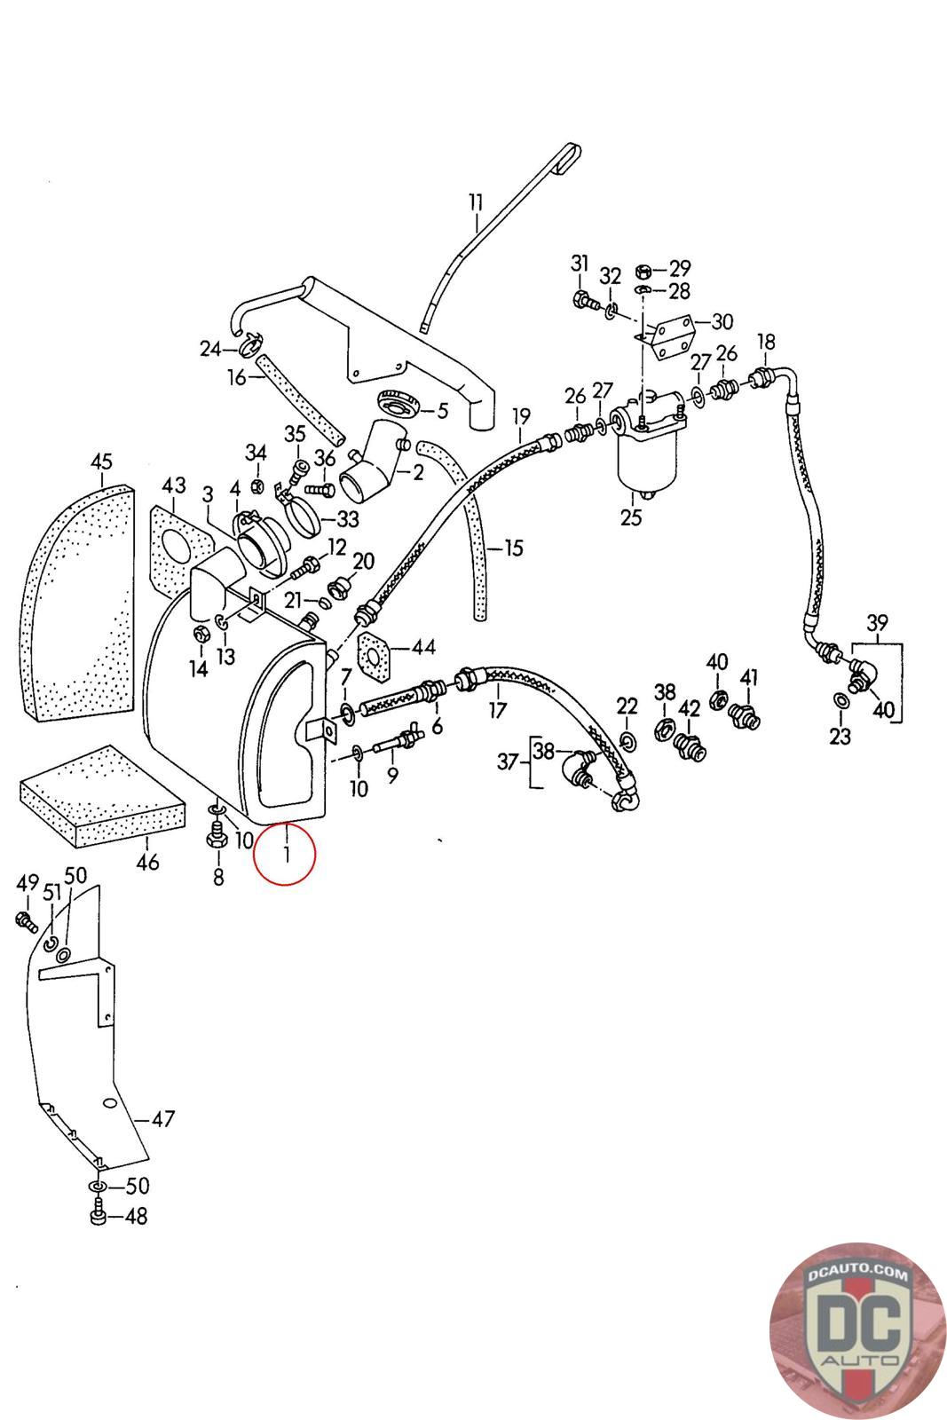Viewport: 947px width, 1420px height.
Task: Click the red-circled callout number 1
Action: pos(286,854)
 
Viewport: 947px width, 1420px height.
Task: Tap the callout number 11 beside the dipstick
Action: pos(476,203)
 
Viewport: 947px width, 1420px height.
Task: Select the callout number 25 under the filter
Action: pos(631,517)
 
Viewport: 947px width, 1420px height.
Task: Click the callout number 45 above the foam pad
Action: pos(101,461)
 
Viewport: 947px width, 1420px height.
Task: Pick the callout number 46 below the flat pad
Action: pos(147,862)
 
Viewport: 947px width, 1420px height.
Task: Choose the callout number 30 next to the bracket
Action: pos(722,322)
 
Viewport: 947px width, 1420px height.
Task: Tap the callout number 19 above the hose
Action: pos(521,417)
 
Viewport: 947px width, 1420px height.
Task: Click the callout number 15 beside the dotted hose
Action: pos(513,548)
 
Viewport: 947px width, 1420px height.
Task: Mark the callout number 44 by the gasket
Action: pos(423,647)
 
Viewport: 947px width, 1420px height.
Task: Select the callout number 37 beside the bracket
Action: pos(508,761)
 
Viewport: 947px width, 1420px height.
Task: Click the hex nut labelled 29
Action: pos(643,272)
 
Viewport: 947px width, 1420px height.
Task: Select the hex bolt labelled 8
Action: pos(217,834)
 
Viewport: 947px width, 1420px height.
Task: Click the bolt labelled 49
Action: pos(26,921)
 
